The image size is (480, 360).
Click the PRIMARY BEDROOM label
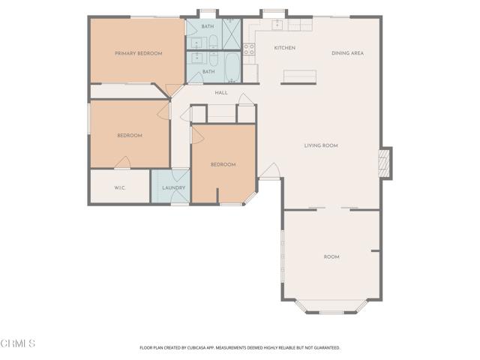point(138,53)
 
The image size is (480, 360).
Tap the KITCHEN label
point(284,48)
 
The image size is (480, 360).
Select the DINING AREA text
point(348,53)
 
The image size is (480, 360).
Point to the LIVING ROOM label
point(321,145)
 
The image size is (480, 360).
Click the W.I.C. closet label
point(119,187)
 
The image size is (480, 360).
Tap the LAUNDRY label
point(173,187)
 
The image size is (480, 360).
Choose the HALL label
point(221,93)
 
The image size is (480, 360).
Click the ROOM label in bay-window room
point(331,256)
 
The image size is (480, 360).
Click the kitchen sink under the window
point(277,24)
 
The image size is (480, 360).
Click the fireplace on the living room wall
point(385,163)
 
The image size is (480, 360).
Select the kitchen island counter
point(299,76)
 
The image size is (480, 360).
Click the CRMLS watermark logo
point(18,343)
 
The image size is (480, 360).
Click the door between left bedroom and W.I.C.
point(121,163)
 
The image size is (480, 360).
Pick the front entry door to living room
point(269,172)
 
